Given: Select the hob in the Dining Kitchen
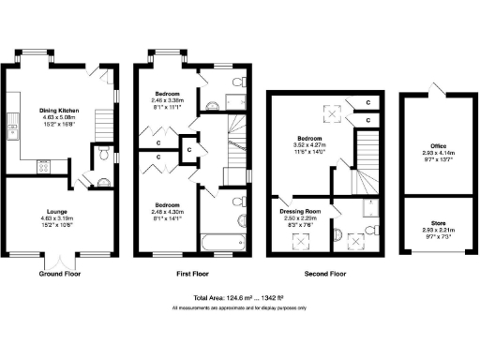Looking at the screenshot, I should (43, 167).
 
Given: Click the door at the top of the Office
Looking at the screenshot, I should (434, 89).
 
